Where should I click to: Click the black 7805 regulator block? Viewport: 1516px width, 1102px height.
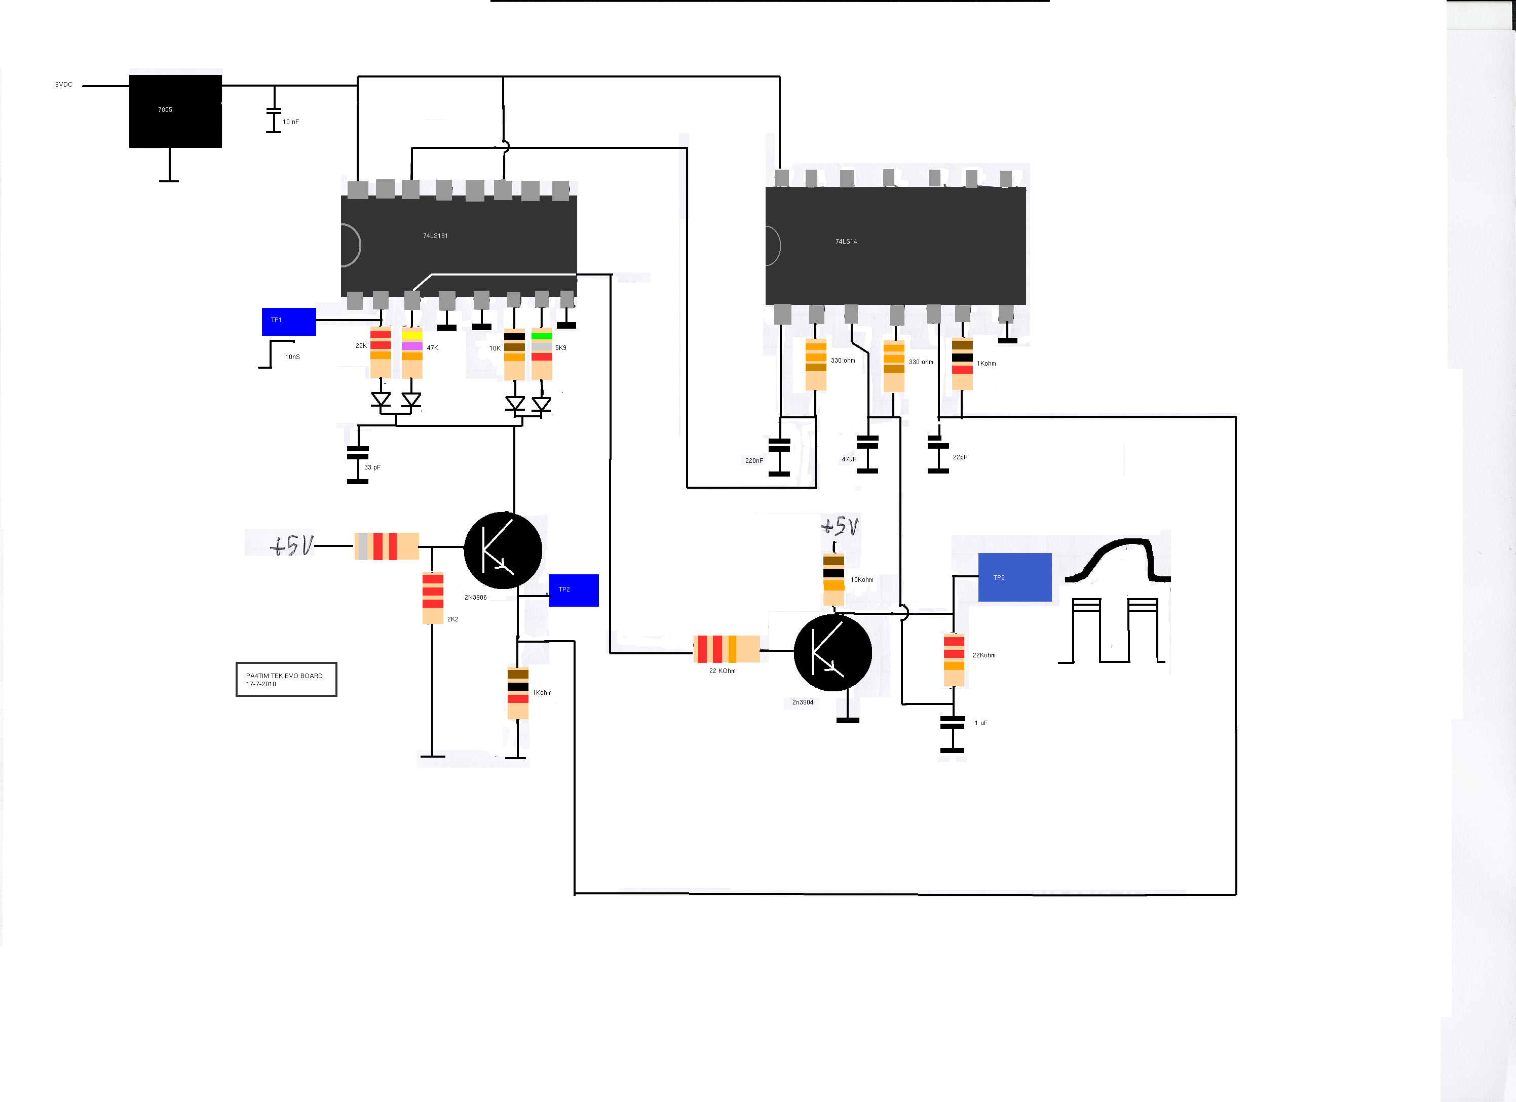[175, 111]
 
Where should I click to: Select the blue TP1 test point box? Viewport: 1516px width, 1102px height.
[289, 322]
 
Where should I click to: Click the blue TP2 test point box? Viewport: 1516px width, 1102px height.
[574, 590]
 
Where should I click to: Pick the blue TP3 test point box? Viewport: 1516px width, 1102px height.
[1015, 577]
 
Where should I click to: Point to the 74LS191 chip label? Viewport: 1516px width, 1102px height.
[435, 236]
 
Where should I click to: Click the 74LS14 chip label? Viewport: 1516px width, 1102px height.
[846, 241]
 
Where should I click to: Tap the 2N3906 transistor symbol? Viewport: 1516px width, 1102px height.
[503, 550]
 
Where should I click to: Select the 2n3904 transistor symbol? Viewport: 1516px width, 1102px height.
[833, 652]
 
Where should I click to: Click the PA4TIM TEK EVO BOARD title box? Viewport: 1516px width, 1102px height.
[286, 680]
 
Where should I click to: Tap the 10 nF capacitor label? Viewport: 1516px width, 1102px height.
[291, 122]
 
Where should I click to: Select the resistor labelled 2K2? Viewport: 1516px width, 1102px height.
[433, 598]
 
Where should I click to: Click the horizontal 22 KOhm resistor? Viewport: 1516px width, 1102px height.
[727, 649]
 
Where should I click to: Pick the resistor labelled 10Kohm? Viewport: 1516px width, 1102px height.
[833, 579]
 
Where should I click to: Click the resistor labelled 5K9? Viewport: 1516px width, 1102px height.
[542, 354]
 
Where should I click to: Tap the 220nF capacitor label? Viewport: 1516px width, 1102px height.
[754, 460]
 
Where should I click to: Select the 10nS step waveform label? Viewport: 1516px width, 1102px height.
[292, 357]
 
